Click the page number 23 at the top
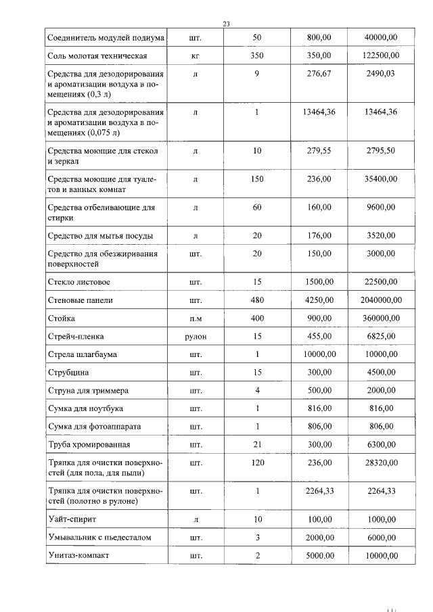tap(226, 24)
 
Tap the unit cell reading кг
tap(196, 54)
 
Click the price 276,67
tap(318, 74)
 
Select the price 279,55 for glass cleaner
tap(318, 151)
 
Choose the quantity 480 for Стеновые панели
tap(257, 300)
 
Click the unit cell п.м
tap(196, 318)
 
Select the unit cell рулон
tap(196, 336)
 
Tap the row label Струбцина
tap(68, 373)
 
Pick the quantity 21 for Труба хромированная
tap(257, 445)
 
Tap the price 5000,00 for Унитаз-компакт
tap(318, 555)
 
